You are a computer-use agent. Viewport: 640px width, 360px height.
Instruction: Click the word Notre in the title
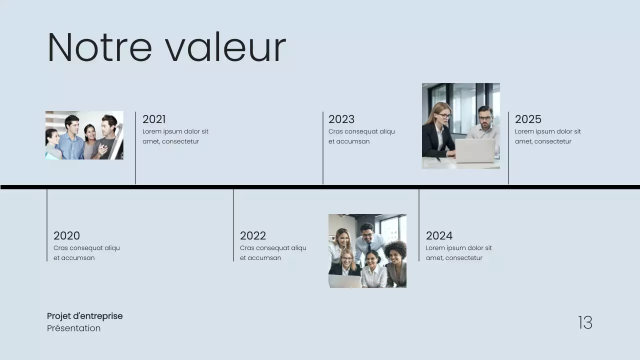coord(99,47)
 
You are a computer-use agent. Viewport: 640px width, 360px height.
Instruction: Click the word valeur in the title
coord(225,47)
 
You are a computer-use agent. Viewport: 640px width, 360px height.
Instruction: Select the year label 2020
coord(66,235)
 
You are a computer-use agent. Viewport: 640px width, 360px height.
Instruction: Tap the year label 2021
coord(154,119)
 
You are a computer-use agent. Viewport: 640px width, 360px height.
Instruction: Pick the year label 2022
coord(253,235)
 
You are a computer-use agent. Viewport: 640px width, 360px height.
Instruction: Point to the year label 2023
coord(341,119)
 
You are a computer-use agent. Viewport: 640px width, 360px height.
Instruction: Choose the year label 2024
coord(439,235)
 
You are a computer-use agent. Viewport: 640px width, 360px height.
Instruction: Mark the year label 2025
coord(528,119)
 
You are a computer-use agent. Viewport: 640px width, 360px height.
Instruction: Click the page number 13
coord(585,322)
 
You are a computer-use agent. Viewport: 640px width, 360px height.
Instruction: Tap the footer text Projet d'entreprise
coord(84,316)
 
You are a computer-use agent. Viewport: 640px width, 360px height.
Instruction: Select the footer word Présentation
coord(73,328)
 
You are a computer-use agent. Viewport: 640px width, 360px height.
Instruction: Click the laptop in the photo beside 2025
coord(474,150)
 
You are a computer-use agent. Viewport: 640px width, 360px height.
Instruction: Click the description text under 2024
coord(458,253)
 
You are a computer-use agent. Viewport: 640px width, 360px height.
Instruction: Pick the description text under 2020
coord(86,253)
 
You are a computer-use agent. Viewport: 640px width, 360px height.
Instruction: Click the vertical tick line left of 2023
coord(323,147)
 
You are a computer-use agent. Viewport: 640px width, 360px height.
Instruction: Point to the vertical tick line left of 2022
coord(233,225)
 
